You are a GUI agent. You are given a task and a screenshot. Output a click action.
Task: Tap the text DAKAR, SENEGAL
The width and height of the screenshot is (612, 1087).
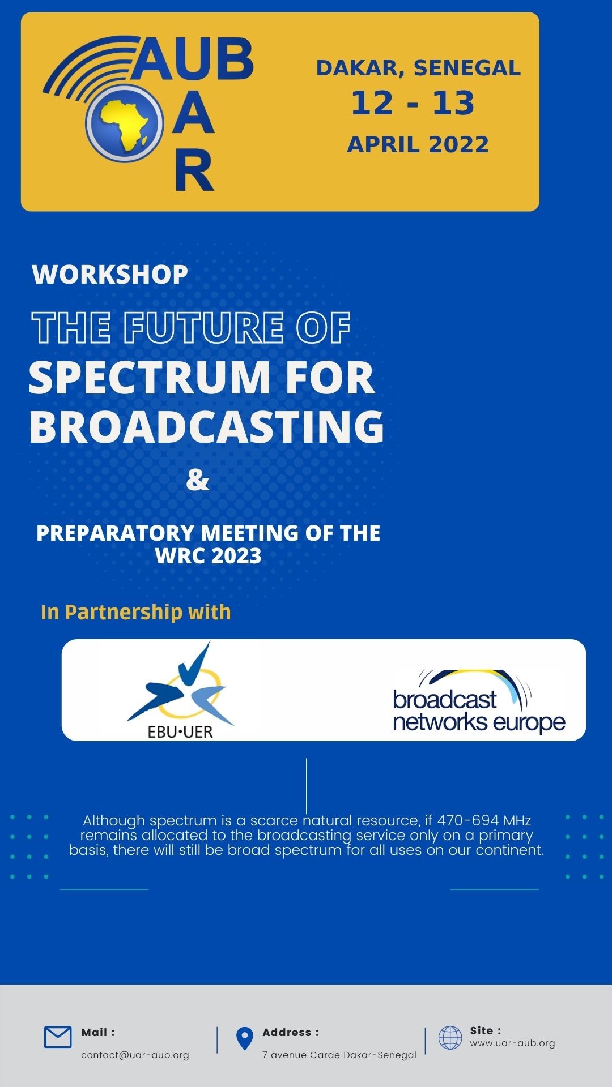[418, 68]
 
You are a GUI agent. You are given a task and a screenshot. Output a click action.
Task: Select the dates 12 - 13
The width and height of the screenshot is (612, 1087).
[413, 103]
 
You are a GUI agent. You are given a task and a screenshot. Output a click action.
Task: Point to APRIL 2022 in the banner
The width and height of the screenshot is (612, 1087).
[418, 144]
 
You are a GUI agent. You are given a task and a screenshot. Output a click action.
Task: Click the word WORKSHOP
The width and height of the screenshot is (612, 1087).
[110, 275]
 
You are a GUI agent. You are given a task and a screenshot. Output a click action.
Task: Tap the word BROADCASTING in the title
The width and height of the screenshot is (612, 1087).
[207, 426]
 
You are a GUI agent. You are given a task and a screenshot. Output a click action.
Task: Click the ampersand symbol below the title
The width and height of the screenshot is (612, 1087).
[198, 480]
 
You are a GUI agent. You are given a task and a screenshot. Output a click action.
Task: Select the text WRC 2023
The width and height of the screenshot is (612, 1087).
[209, 556]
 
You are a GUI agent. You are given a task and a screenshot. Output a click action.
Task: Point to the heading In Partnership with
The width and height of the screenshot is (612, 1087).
[136, 613]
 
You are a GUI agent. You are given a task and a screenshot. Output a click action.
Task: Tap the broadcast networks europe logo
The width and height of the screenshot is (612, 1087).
[479, 701]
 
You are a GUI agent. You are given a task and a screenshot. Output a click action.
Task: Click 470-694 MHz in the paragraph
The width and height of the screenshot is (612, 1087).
[484, 820]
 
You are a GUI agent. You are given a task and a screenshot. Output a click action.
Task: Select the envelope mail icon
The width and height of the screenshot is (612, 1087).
[58, 1037]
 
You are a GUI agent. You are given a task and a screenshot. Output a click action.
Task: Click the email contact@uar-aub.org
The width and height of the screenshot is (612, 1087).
[135, 1055]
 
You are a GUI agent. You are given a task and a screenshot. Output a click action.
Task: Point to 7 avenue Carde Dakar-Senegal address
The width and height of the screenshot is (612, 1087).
[339, 1055]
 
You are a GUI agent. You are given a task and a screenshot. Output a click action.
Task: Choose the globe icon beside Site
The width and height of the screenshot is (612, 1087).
[450, 1038]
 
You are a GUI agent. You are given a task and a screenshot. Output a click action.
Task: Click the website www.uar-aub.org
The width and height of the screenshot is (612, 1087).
[512, 1043]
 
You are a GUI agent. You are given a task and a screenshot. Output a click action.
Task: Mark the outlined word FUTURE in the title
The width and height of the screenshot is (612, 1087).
[203, 328]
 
